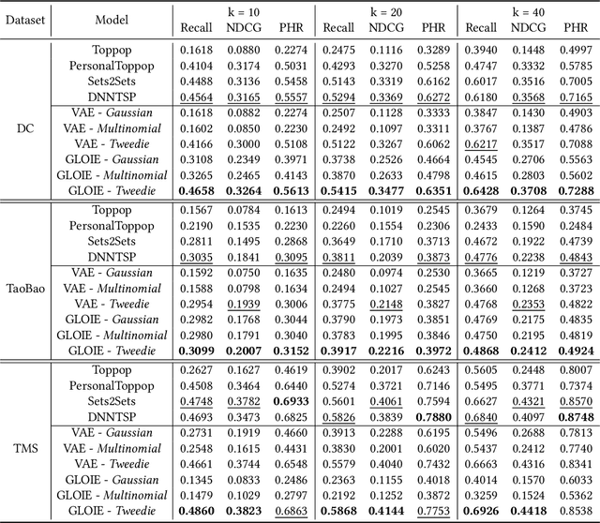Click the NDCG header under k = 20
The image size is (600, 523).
tap(384, 28)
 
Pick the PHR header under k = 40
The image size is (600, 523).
tap(574, 28)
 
